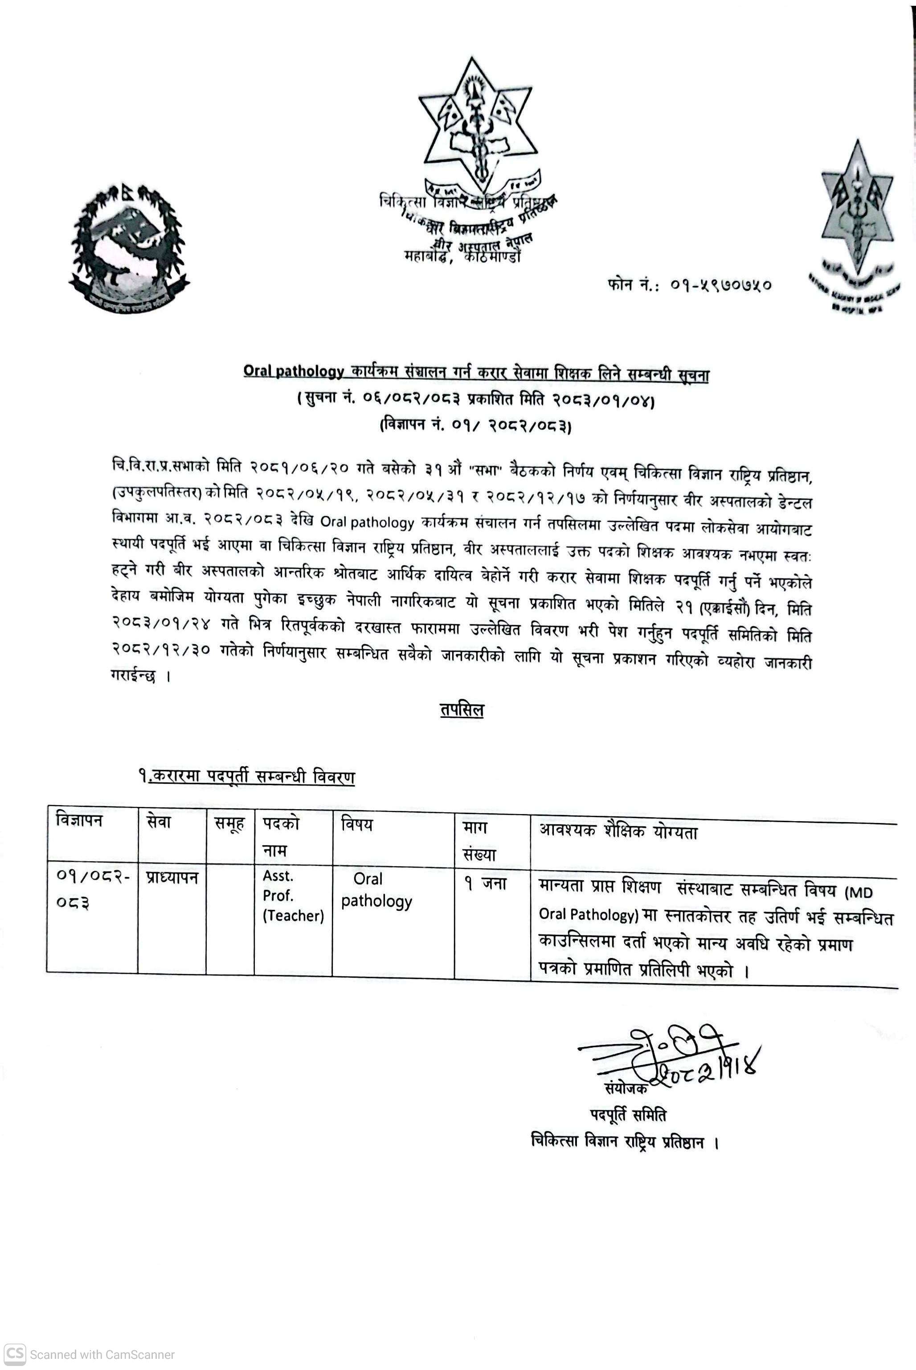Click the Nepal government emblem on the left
click(129, 244)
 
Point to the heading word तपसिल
click(462, 710)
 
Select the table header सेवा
click(159, 822)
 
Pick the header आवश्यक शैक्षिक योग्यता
click(618, 831)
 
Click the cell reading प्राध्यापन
click(172, 877)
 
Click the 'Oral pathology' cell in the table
click(376, 890)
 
